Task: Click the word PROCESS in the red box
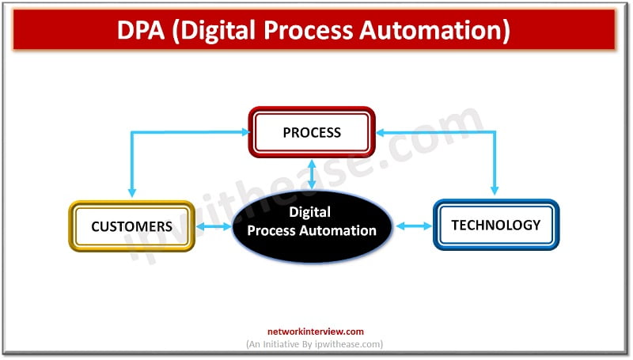click(312, 132)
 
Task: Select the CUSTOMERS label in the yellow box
click(131, 226)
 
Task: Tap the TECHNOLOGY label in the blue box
click(496, 225)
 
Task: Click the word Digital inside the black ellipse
click(309, 212)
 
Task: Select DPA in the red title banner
click(141, 30)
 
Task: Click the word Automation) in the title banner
click(434, 31)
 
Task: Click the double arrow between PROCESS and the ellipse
click(312, 174)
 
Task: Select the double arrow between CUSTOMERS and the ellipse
click(214, 226)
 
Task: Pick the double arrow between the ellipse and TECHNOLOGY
click(414, 226)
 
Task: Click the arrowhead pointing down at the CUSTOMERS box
click(131, 191)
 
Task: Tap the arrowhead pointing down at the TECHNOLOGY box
click(495, 190)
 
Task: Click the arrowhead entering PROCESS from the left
click(245, 132)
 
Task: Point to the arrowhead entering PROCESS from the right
click(381, 132)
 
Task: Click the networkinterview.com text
click(315, 332)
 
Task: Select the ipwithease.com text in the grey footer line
click(348, 344)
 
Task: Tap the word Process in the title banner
click(309, 30)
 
